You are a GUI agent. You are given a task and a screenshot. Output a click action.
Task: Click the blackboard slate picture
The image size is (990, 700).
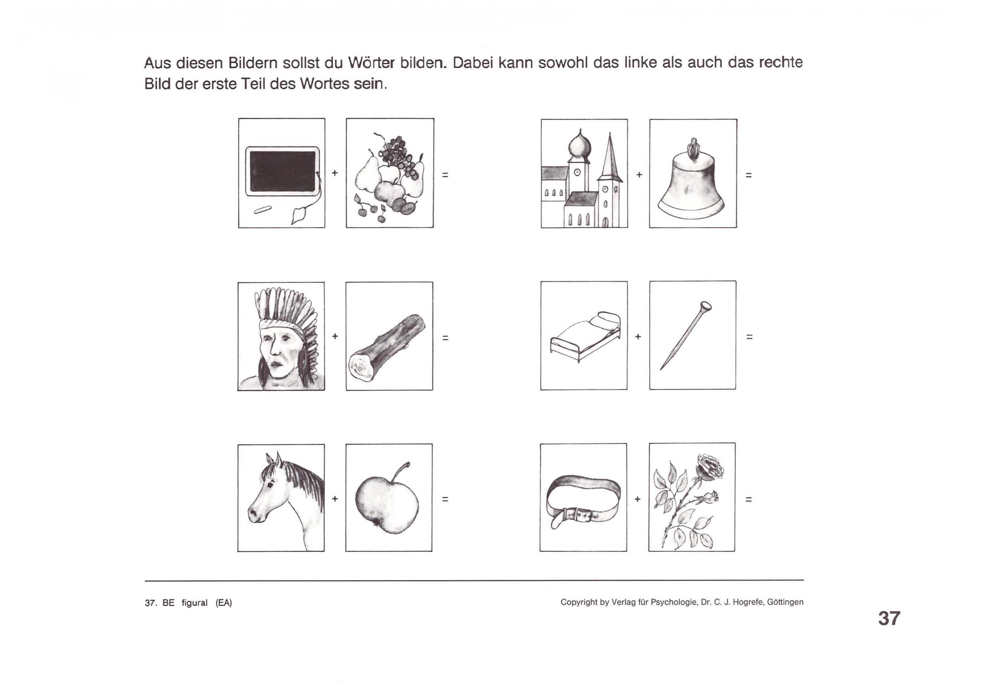[282, 171]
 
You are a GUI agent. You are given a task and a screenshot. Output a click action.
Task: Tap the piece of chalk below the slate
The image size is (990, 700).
[262, 210]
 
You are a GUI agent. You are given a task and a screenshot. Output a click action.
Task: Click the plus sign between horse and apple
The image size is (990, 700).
[335, 499]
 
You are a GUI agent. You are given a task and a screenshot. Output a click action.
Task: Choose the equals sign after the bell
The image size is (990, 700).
[749, 175]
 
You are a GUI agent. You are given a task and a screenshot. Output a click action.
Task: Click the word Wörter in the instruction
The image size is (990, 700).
[371, 63]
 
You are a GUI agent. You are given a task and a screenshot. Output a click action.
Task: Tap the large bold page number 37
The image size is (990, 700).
[889, 618]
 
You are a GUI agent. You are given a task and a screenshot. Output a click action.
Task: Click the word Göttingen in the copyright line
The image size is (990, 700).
[785, 602]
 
